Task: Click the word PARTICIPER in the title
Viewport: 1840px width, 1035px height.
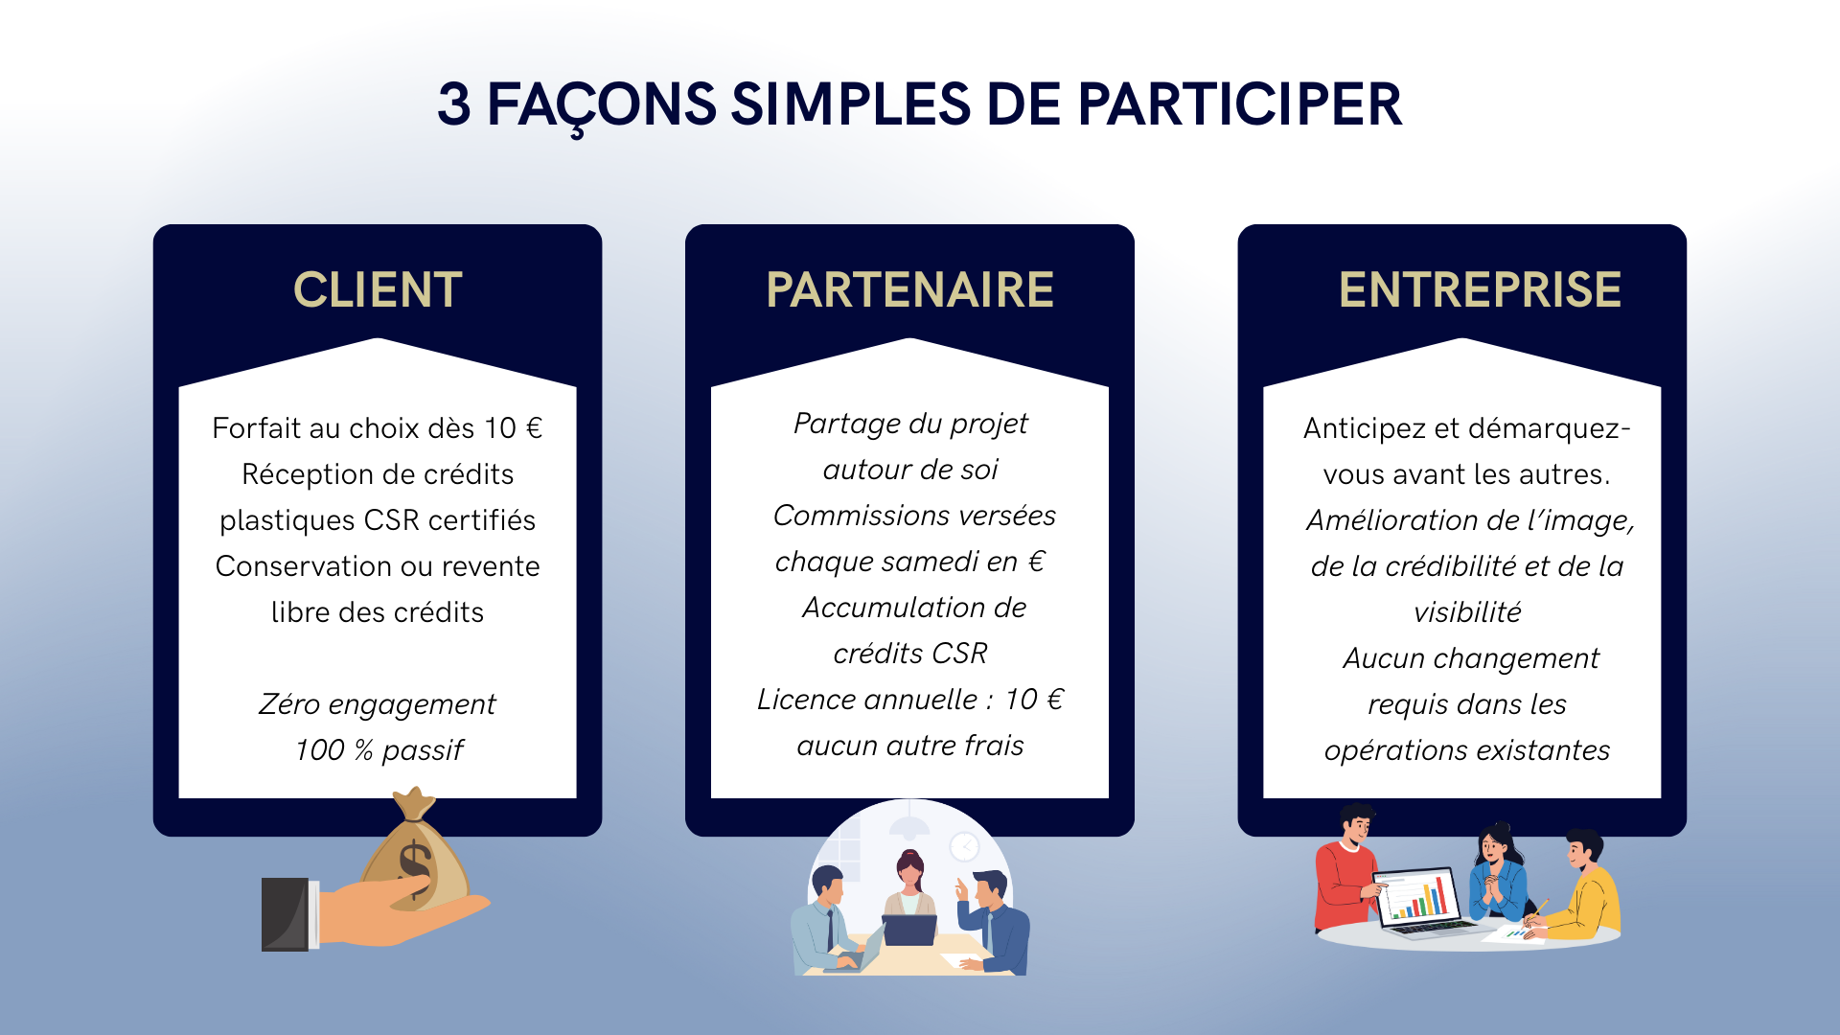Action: point(1239,104)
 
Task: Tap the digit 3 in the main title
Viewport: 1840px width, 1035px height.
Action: point(454,104)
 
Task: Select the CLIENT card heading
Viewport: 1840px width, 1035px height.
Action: point(378,290)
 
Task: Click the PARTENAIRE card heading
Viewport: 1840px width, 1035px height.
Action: point(909,290)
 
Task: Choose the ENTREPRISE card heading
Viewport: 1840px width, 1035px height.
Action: point(1480,290)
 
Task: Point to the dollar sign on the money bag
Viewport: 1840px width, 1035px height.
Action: point(415,866)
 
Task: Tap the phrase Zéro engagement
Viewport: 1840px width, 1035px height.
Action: point(378,704)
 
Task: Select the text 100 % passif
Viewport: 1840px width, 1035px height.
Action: point(379,750)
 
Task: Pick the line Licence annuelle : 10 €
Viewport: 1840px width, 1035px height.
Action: point(910,700)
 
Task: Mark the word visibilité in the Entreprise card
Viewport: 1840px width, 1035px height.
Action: point(1467,612)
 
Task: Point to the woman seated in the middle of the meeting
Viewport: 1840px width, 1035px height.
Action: point(909,887)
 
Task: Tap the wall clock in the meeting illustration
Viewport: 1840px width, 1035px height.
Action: point(964,846)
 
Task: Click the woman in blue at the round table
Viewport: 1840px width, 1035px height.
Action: point(1498,872)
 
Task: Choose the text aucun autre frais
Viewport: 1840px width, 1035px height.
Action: point(910,746)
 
